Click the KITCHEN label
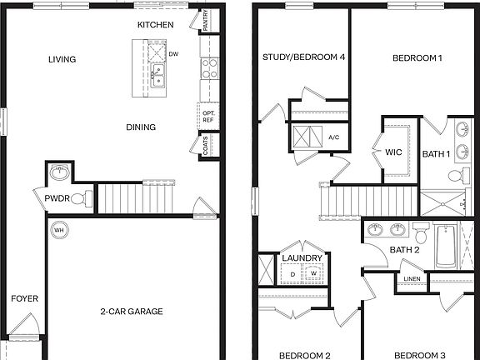click(156, 25)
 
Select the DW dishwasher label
click(173, 55)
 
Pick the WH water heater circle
click(59, 229)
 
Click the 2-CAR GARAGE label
click(132, 312)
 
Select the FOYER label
click(24, 298)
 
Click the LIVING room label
click(62, 59)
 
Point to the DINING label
click(141, 127)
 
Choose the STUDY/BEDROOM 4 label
click(303, 57)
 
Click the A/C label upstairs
click(334, 137)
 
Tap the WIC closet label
click(394, 152)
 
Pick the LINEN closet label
click(412, 278)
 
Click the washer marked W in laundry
click(313, 273)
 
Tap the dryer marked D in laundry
click(292, 273)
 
